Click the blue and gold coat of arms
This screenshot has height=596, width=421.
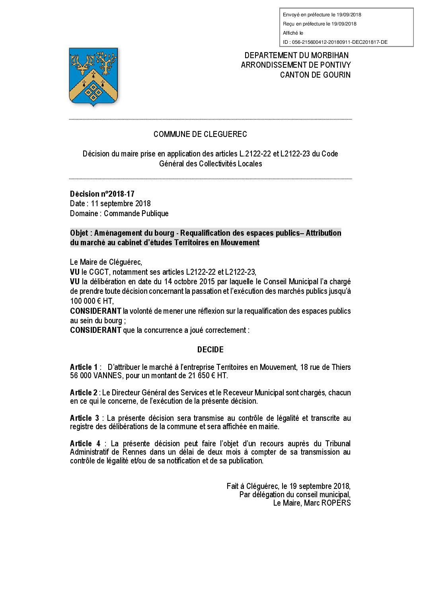click(94, 76)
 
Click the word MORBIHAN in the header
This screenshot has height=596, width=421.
click(330, 55)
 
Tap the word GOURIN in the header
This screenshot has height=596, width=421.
click(337, 75)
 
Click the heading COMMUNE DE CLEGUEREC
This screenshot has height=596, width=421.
click(200, 134)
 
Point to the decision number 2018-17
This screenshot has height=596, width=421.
click(121, 194)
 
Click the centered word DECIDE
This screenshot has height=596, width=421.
click(210, 350)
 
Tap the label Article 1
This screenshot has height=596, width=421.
click(84, 367)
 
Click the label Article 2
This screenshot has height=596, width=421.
click(84, 393)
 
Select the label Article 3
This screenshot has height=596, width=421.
click(84, 418)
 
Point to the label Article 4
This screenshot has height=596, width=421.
click(85, 444)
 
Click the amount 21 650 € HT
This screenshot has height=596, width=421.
click(205, 375)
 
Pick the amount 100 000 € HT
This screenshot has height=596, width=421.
click(92, 301)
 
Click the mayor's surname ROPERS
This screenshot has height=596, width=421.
click(335, 503)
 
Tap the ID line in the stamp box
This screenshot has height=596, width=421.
click(335, 42)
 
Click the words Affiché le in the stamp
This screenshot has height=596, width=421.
click(293, 33)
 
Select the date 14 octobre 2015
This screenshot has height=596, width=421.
click(189, 281)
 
